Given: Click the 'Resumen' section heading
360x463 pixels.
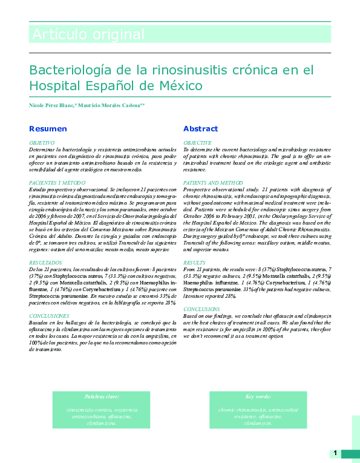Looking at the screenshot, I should pyautogui.click(x=48, y=128).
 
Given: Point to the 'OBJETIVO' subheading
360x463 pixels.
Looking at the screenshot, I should pyautogui.click(x=42, y=142).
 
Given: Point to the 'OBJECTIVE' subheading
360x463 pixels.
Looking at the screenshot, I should pyautogui.click(x=197, y=142).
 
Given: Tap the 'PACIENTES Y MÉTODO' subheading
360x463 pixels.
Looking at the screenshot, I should pyautogui.click(x=57, y=182).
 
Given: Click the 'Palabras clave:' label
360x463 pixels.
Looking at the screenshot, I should pyautogui.click(x=102, y=396).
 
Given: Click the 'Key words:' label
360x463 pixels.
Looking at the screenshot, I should pyautogui.click(x=258, y=396).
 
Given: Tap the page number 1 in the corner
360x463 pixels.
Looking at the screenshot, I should pyautogui.click(x=335, y=453).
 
